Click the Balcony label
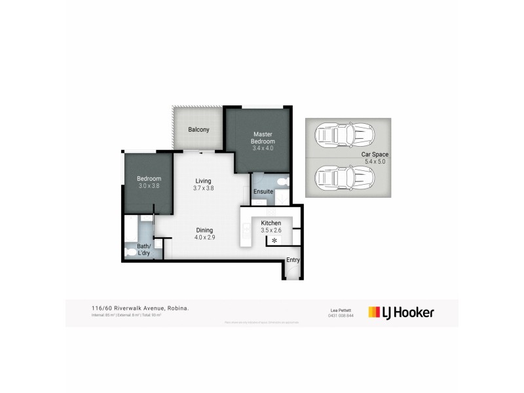(x=198, y=130)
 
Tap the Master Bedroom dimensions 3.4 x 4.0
(x=263, y=148)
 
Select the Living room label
(x=204, y=181)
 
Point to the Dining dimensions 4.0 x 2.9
(x=204, y=237)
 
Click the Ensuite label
(x=263, y=191)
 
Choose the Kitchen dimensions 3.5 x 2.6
(x=271, y=231)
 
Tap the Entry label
(x=293, y=260)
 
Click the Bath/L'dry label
(x=143, y=249)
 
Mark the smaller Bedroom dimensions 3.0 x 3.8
(x=149, y=186)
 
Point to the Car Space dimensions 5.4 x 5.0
(x=375, y=162)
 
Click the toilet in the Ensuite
(x=282, y=181)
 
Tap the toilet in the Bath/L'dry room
(x=130, y=252)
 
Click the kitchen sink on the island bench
(x=246, y=229)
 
